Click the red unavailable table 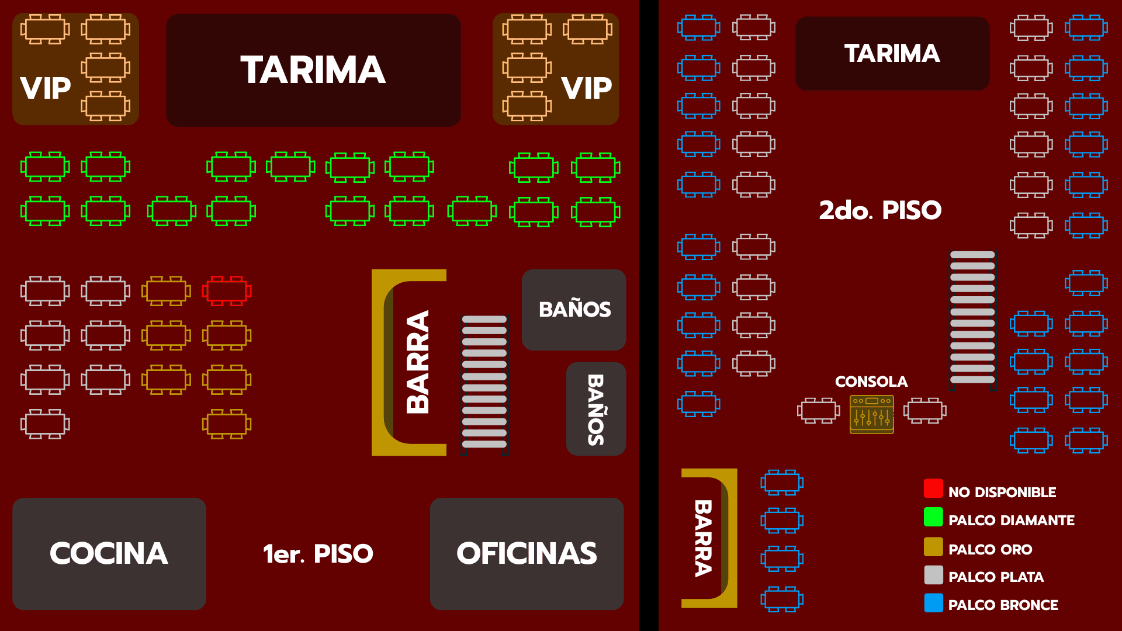coord(227,290)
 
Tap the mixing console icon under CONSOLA coord(871,414)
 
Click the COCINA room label coord(109,553)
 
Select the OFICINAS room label coord(527,553)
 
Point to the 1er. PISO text coord(318,554)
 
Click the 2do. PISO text coord(880,210)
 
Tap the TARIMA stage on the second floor coord(892,53)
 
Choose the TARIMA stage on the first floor coord(313,70)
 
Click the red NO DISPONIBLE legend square coord(933,488)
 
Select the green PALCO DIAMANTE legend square coord(933,517)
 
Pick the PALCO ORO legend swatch coord(933,546)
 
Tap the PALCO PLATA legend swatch coord(933,575)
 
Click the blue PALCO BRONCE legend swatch coord(933,603)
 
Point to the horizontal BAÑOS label coord(574,310)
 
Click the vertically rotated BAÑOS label coord(595,410)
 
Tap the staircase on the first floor coord(484,383)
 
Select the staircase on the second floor coord(972,318)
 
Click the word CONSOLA coord(871,382)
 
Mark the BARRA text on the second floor coord(704,538)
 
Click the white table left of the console coord(818,410)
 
